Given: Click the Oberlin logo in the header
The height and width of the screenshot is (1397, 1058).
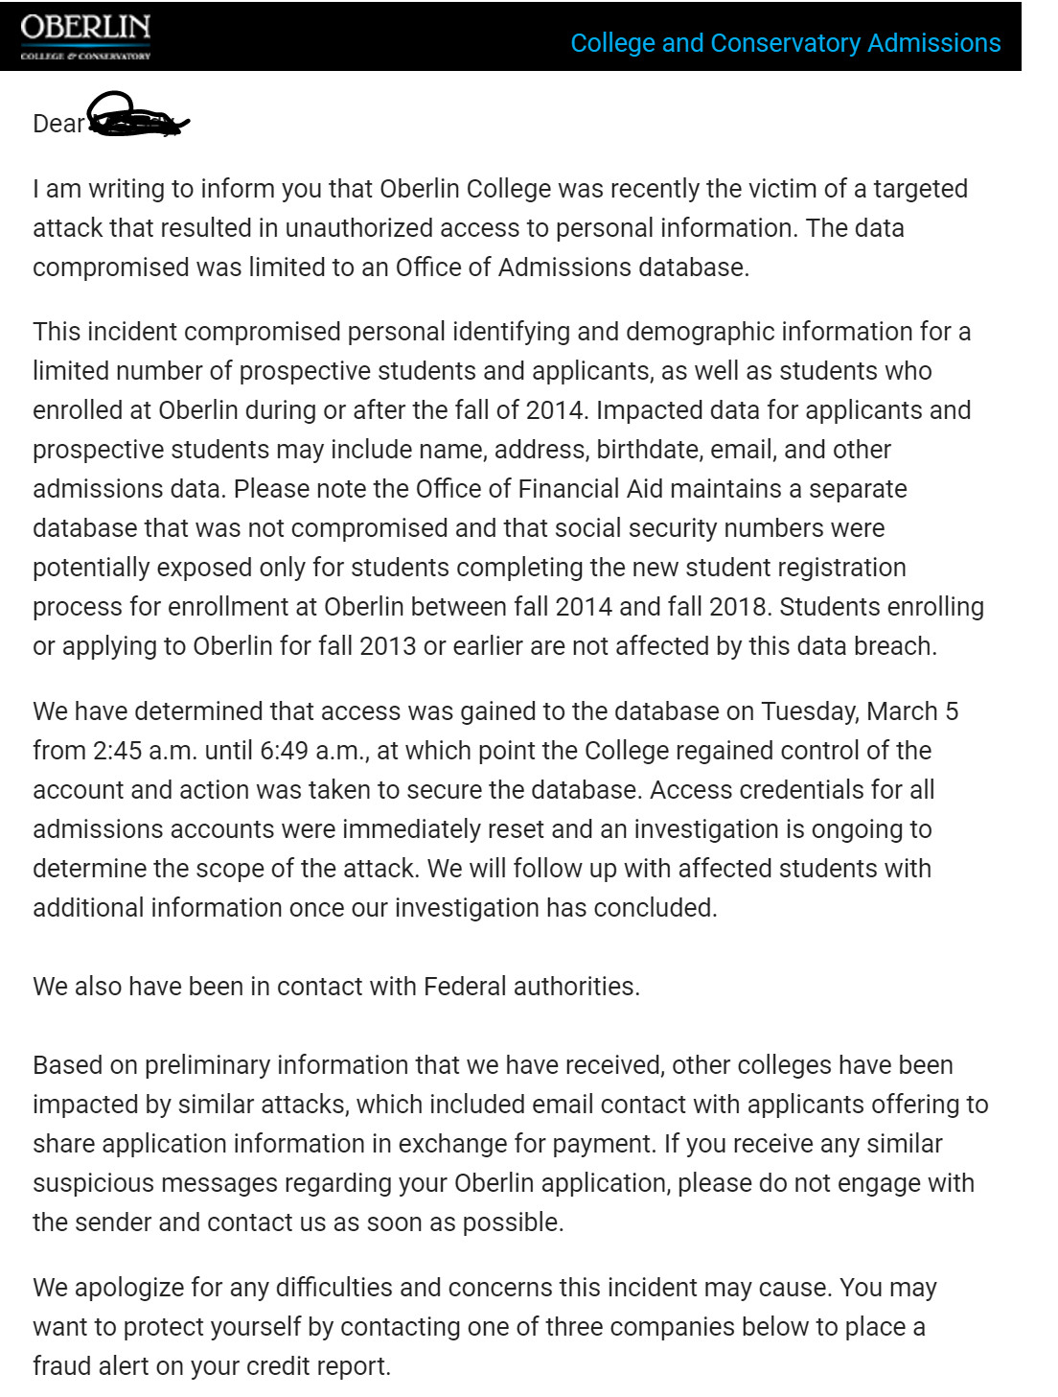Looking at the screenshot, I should coord(85,36).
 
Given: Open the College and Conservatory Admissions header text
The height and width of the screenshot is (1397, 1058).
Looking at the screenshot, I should coord(785,43).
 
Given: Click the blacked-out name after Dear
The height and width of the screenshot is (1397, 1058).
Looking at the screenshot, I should coord(137,117).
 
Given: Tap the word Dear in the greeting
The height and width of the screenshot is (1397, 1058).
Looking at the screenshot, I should coord(58,124).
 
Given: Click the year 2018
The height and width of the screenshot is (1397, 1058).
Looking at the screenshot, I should coord(737,607).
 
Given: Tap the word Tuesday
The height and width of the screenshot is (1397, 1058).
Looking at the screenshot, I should coord(810,711).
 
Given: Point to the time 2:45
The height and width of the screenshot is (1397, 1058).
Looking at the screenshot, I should coord(117,751).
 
